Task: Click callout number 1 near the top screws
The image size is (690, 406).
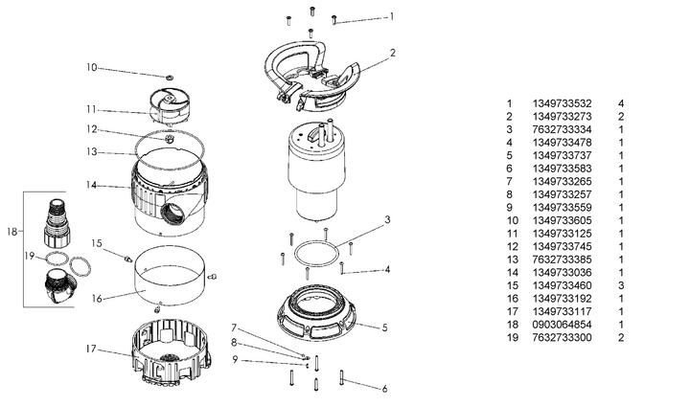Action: pos(391,16)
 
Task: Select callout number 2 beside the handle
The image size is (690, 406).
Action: pos(392,52)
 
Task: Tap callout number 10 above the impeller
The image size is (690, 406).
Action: pos(92,67)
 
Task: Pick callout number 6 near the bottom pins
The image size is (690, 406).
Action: pos(385,388)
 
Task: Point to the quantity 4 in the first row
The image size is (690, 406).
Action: pos(621,102)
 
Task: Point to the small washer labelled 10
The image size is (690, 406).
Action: pos(169,75)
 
